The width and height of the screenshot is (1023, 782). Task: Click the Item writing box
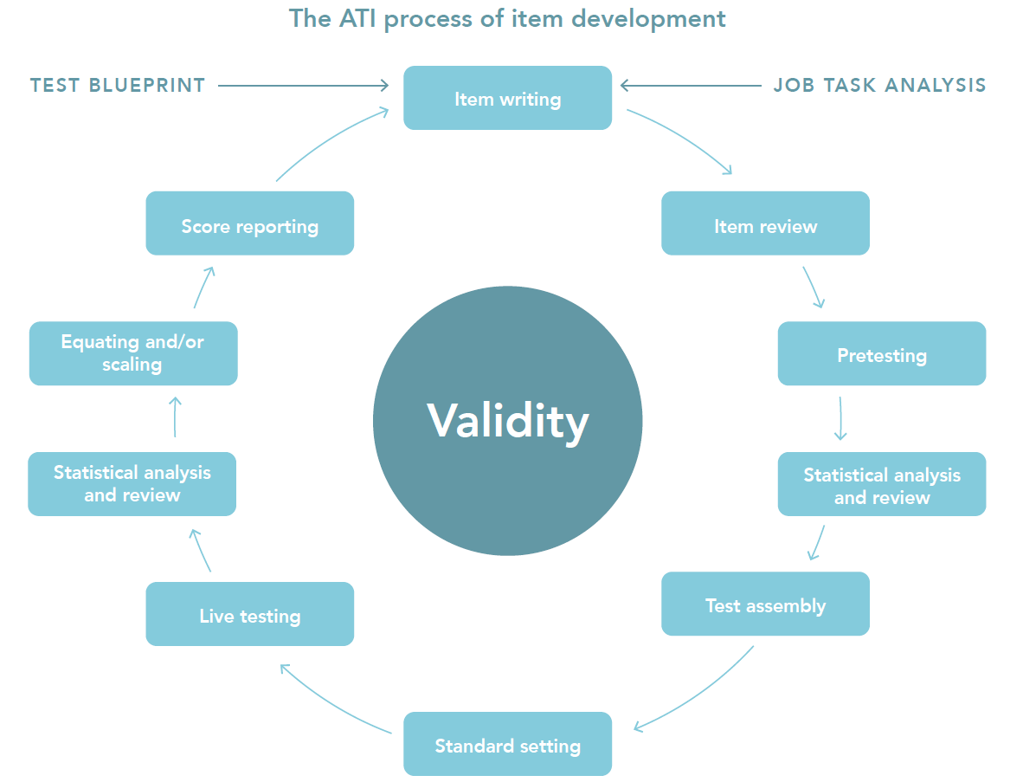click(507, 99)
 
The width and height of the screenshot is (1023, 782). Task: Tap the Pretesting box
click(881, 354)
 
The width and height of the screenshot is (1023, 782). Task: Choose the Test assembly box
click(765, 604)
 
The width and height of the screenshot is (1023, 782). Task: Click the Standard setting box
click(507, 745)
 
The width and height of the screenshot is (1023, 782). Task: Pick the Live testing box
click(249, 615)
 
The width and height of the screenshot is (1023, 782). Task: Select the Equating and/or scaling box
click(132, 353)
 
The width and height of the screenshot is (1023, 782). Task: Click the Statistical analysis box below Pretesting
click(881, 485)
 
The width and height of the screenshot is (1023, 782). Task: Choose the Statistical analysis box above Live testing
click(132, 484)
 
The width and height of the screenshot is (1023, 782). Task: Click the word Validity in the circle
click(507, 421)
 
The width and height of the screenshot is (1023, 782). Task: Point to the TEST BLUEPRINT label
click(118, 85)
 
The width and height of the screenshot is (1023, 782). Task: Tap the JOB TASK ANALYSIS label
click(879, 85)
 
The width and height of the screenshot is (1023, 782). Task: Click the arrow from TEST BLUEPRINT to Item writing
click(303, 85)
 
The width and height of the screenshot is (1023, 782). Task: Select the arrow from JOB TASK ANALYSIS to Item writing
click(690, 85)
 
